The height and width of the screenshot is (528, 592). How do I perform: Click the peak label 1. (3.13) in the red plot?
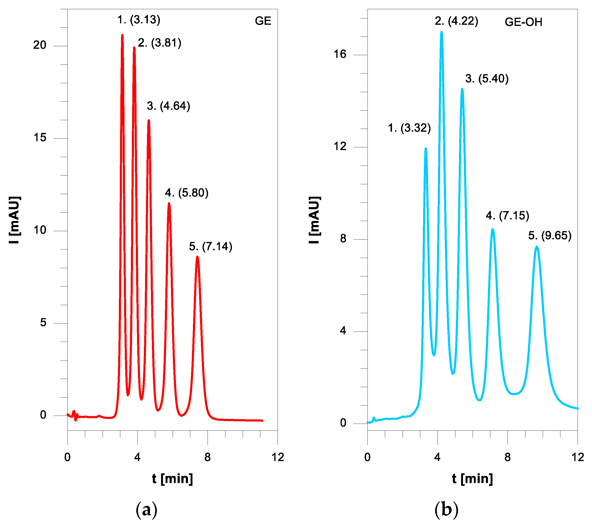point(139,20)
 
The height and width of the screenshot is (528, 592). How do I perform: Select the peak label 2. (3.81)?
point(159,43)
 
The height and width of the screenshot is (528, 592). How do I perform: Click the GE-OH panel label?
point(523,22)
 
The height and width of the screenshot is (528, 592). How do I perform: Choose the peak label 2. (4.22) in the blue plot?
point(456,21)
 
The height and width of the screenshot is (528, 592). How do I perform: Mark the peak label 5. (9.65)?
point(550,236)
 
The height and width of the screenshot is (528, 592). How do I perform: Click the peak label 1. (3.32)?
point(409,128)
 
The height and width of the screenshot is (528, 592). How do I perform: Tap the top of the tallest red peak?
point(122,35)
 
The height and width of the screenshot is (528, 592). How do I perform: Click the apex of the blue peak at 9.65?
point(537,247)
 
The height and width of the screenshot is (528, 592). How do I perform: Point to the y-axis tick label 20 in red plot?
point(40,45)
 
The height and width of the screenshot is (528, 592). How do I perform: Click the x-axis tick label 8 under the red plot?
point(207,458)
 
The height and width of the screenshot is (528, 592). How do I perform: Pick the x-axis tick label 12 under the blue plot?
point(578,458)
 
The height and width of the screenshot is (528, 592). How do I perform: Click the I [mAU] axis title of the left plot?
point(15,220)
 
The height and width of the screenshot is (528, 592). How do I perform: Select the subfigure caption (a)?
point(147,510)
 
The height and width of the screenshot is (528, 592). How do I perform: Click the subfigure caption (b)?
point(446,510)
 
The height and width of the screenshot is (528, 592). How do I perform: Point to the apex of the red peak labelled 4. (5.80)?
point(169,203)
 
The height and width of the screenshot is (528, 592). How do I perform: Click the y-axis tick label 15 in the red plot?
point(40,138)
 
